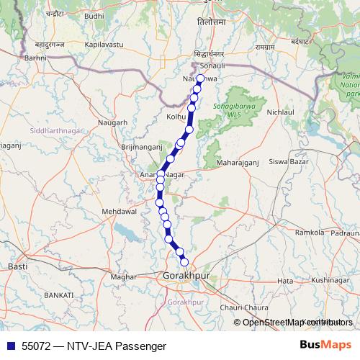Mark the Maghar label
point(125,276)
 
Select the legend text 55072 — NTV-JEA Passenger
point(89,346)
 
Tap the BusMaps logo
point(326,345)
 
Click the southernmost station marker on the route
point(184,261)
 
